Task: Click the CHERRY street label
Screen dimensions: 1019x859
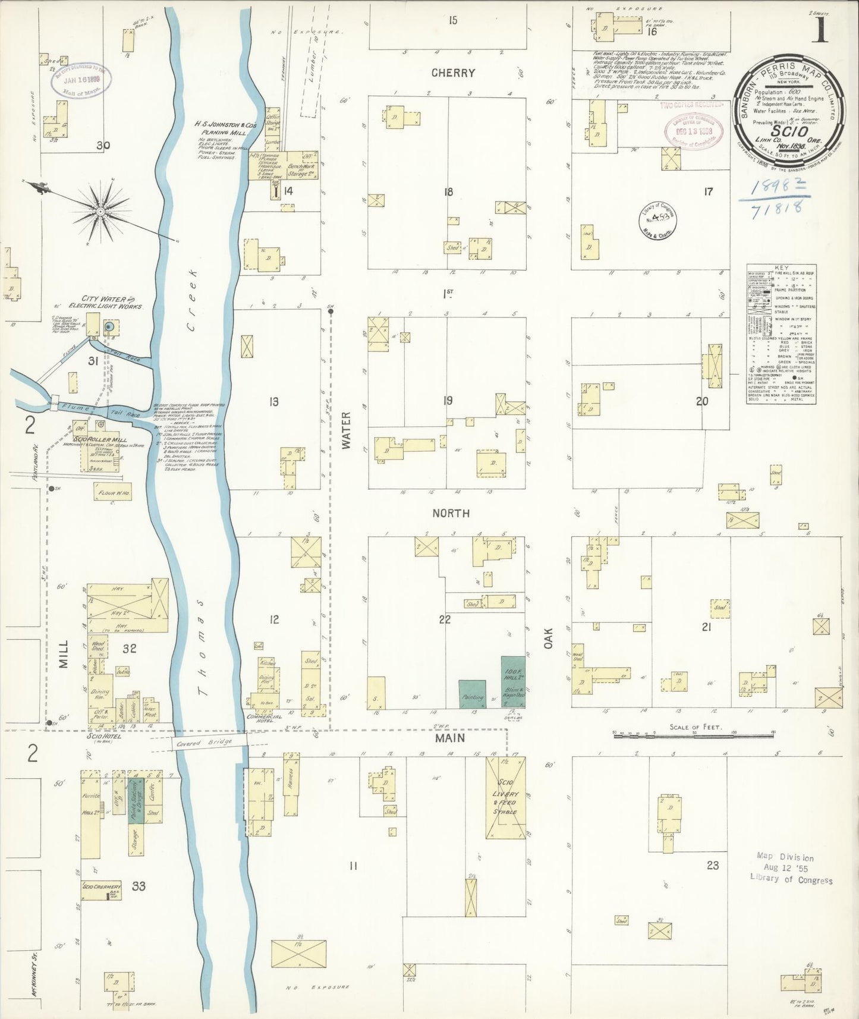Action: pos(453,73)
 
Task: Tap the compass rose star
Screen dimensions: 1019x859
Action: pos(101,211)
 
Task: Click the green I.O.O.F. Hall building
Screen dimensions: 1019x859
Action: pos(512,681)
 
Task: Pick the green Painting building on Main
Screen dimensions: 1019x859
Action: pos(473,694)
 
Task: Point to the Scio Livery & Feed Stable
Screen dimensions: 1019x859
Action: pos(505,798)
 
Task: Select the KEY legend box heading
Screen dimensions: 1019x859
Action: pos(782,268)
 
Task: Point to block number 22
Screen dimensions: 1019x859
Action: pos(445,619)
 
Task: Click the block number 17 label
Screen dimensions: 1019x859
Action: pos(707,191)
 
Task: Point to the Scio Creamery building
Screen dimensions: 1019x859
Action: pos(101,889)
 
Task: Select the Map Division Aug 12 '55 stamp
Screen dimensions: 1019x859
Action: pos(791,868)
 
